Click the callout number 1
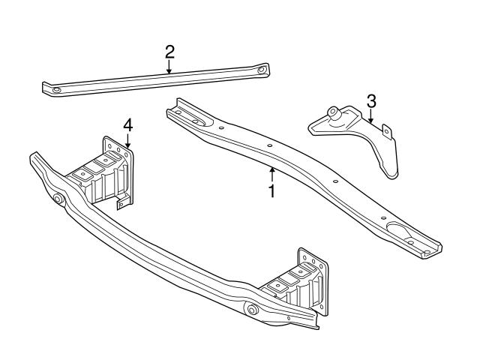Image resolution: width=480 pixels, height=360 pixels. coord(271,190)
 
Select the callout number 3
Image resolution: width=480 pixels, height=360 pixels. coord(370,100)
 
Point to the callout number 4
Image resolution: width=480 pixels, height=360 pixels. coord(128,124)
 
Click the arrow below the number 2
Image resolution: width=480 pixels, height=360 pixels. coord(169,67)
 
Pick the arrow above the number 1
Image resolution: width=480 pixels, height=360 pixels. coord(271,175)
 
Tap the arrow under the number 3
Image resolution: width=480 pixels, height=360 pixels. coord(370,115)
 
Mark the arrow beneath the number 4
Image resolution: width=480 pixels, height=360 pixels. coord(128,141)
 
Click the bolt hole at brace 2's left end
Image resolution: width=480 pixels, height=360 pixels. coord(55,90)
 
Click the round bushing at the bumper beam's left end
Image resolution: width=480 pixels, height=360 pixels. coord(58,199)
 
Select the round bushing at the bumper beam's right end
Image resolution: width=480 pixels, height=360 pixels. coord(252,310)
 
